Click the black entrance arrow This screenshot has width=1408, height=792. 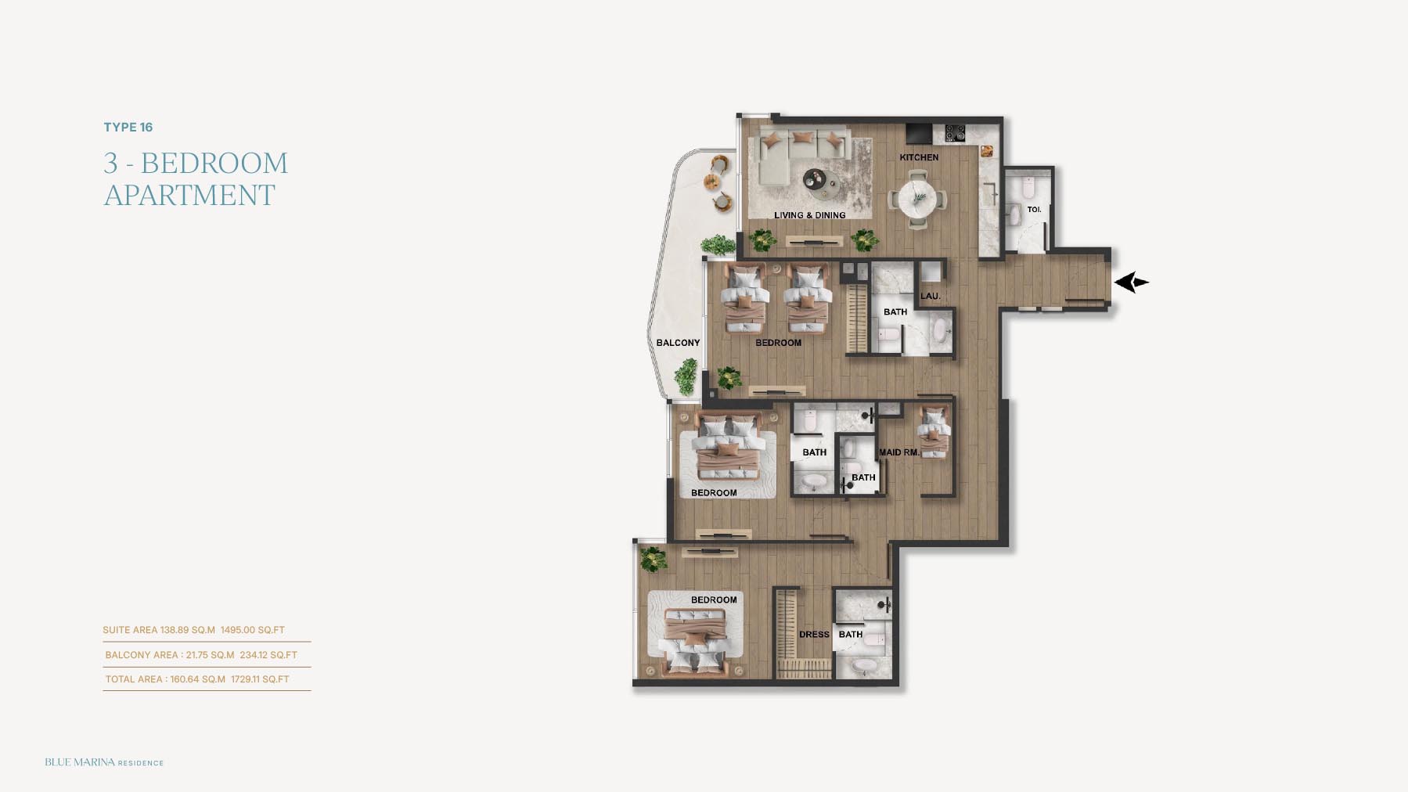1131,283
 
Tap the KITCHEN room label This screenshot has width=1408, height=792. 919,157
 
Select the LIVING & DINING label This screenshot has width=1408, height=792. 809,215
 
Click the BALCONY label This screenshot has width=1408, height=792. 678,343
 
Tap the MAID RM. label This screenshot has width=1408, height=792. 898,452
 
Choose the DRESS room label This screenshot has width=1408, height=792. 814,635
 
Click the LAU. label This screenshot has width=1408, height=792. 931,296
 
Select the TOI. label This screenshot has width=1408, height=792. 1034,210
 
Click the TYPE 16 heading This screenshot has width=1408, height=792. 128,128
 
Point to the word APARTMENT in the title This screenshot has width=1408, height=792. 189,195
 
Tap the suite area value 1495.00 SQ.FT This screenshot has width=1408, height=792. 253,630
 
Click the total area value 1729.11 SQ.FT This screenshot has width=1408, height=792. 260,679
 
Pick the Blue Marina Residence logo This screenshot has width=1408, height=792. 104,762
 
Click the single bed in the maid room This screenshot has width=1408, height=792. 933,433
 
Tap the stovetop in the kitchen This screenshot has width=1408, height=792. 955,133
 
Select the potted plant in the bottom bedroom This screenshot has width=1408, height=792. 652,559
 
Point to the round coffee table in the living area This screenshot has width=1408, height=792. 816,181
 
